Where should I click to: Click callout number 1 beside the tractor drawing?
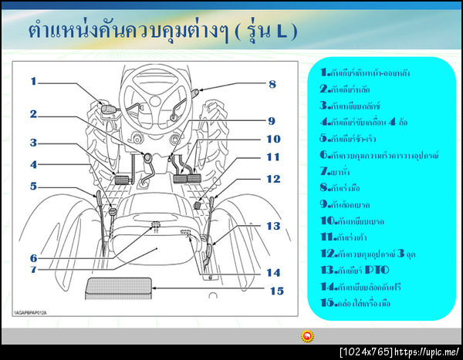(x=34, y=81)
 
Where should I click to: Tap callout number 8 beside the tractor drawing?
(x=272, y=84)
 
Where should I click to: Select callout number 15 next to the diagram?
(x=275, y=291)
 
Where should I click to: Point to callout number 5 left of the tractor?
(x=34, y=185)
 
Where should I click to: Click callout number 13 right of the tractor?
(x=273, y=226)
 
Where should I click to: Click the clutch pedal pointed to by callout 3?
(x=123, y=180)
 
